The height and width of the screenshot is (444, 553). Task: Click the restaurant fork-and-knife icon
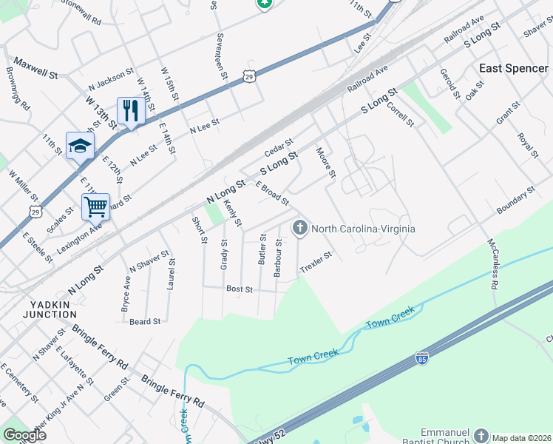pos(130,111)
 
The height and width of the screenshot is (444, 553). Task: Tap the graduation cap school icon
pos(80,145)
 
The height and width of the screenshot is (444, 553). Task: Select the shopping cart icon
pos(96,206)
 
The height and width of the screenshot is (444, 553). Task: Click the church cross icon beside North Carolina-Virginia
pos(300,228)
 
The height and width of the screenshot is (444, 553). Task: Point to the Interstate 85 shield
pos(422,358)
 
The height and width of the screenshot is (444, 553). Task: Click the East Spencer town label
pos(514,68)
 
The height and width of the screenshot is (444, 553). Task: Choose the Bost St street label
pos(240,289)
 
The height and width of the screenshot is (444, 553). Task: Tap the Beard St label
pos(145,321)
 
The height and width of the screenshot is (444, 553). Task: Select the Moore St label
pos(326,163)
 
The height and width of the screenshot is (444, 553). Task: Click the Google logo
pos(24,435)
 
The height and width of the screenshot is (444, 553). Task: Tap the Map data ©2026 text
pos(522,438)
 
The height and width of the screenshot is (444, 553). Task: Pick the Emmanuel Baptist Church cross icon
pos(481,435)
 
